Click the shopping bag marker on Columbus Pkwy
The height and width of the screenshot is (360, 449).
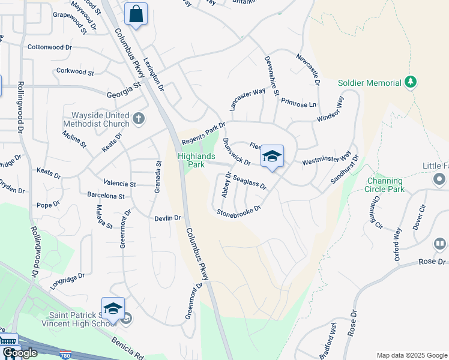click(136, 14)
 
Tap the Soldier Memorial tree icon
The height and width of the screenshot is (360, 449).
click(411, 82)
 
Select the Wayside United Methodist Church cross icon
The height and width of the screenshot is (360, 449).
click(139, 118)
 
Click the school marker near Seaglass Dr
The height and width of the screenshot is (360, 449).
click(272, 157)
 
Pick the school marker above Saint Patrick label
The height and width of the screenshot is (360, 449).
click(113, 309)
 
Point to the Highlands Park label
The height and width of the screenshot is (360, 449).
click(196, 160)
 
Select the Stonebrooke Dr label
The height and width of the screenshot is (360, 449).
click(239, 211)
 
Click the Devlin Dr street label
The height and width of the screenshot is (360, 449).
click(167, 218)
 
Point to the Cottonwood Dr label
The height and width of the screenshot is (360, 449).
click(49, 46)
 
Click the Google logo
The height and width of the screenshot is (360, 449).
click(20, 353)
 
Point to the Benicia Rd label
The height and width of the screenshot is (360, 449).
click(127, 348)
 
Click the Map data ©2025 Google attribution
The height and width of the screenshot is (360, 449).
click(412, 355)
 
